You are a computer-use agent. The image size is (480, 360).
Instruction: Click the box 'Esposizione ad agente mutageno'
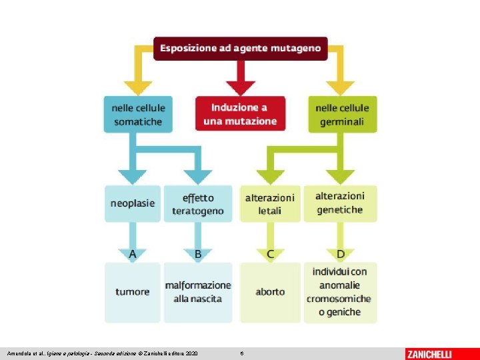[240, 49]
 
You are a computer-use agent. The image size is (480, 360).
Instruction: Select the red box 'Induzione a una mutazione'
[240, 114]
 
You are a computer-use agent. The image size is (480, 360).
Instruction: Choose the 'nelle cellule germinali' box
[341, 114]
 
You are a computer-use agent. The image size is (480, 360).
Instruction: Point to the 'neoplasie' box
[133, 203]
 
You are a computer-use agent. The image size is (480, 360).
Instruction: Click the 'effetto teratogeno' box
[198, 203]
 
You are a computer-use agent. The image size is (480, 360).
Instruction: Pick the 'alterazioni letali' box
[270, 203]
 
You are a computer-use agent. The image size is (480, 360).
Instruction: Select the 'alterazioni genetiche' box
[340, 203]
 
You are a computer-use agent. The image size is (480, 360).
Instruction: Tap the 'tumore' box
[133, 292]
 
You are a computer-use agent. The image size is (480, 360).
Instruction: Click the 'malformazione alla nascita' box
[198, 292]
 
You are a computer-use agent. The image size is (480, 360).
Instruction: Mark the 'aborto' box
[270, 292]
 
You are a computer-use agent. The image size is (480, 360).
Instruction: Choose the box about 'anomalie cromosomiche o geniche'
[340, 292]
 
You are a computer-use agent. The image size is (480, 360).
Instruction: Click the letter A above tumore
[133, 254]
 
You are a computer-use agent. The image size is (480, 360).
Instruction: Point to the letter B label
[198, 254]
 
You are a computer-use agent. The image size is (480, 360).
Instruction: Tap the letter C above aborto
[270, 254]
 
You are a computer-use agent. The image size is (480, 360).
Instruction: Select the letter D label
[341, 254]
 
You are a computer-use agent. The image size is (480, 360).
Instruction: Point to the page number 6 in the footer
[242, 353]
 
